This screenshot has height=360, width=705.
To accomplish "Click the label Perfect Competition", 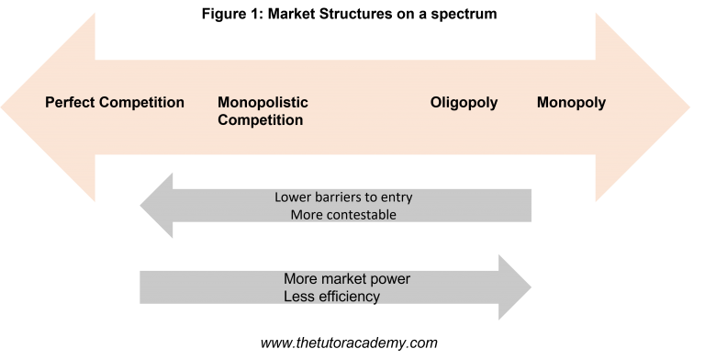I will tap(115, 103).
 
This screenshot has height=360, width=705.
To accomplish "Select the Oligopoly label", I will tap(464, 103).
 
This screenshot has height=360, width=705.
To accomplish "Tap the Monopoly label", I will tap(571, 103).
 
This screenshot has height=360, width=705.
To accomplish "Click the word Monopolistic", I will tap(263, 103).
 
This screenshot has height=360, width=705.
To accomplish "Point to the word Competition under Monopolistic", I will tap(260, 120).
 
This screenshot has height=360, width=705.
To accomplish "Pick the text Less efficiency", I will tap(331, 296).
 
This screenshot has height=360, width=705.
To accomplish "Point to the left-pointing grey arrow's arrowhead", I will tap(159, 206).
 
